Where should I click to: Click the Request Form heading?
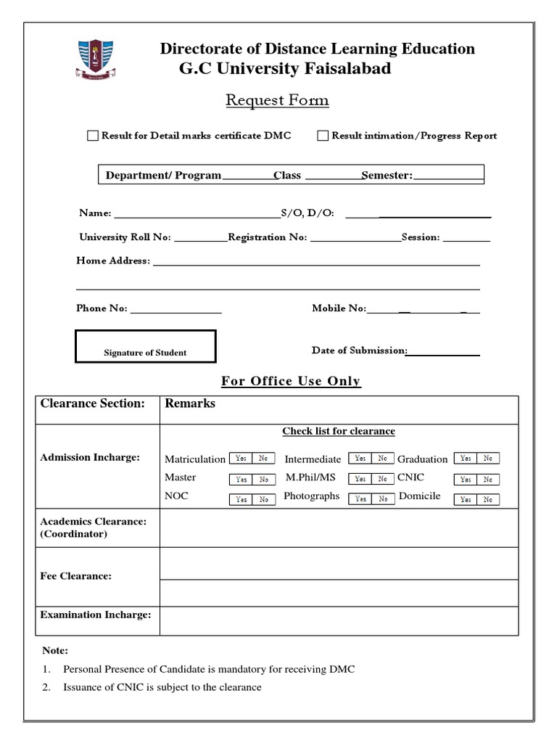[277, 100]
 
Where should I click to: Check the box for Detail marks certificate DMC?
[92, 136]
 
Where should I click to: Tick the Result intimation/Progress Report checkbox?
[323, 136]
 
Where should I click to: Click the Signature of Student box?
[145, 346]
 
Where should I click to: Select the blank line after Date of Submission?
[444, 353]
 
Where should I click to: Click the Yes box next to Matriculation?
[241, 459]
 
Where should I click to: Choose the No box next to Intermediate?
[381, 459]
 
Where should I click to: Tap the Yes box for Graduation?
[465, 459]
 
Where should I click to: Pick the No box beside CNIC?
[488, 479]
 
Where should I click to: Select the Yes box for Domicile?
[465, 499]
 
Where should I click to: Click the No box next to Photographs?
[381, 499]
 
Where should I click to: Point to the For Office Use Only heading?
[290, 382]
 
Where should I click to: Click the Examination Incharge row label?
[96, 615]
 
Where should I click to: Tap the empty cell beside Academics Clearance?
[339, 528]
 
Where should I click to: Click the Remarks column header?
[190, 403]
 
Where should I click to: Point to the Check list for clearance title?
[339, 431]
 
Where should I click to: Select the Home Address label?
[112, 260]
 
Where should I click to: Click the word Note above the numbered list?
[55, 651]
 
